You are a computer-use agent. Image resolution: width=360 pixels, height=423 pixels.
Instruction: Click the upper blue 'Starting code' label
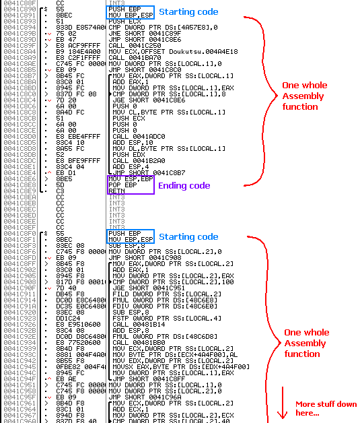coord(188,12)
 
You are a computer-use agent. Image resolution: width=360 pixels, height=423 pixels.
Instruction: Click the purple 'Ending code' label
coord(184,186)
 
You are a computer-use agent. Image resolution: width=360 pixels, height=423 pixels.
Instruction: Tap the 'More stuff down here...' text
coord(326,408)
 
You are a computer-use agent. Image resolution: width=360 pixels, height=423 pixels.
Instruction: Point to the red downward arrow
coord(283,403)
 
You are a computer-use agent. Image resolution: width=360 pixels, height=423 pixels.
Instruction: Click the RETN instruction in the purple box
coord(116,191)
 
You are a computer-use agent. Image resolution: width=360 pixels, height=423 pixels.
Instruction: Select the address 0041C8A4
coord(20,51)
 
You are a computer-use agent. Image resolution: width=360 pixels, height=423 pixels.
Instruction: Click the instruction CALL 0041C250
coord(135,46)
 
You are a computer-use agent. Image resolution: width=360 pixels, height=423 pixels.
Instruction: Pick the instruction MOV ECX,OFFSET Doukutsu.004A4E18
coord(173,51)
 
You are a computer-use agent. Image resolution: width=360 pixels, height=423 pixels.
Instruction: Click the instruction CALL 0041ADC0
coord(139,137)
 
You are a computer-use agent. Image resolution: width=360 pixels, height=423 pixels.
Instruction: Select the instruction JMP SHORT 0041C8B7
coord(149,173)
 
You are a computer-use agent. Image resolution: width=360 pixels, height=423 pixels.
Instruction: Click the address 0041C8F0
coord(20,233)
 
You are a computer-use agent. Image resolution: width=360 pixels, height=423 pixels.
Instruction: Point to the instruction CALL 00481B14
coord(139,325)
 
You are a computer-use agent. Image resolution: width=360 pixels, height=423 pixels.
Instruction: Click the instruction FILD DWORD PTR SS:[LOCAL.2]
coord(167,294)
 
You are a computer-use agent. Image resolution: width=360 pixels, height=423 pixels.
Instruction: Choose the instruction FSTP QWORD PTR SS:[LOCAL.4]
coord(167,319)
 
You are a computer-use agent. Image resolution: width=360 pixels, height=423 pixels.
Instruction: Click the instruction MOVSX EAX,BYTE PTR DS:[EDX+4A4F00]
coord(181,367)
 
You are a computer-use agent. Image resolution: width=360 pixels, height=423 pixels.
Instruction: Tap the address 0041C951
coord(20,385)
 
